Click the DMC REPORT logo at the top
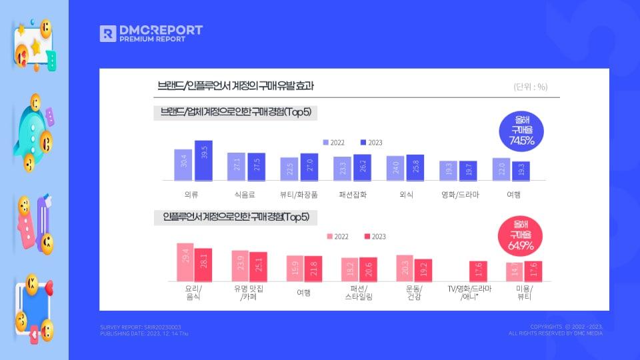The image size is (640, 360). (151, 33)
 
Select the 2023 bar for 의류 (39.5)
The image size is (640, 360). (203, 161)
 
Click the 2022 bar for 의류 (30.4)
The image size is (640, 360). (183, 165)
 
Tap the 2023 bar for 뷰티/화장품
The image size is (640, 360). (309, 167)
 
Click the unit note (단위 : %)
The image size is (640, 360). (531, 87)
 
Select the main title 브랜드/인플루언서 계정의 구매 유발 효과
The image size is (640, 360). (235, 86)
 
